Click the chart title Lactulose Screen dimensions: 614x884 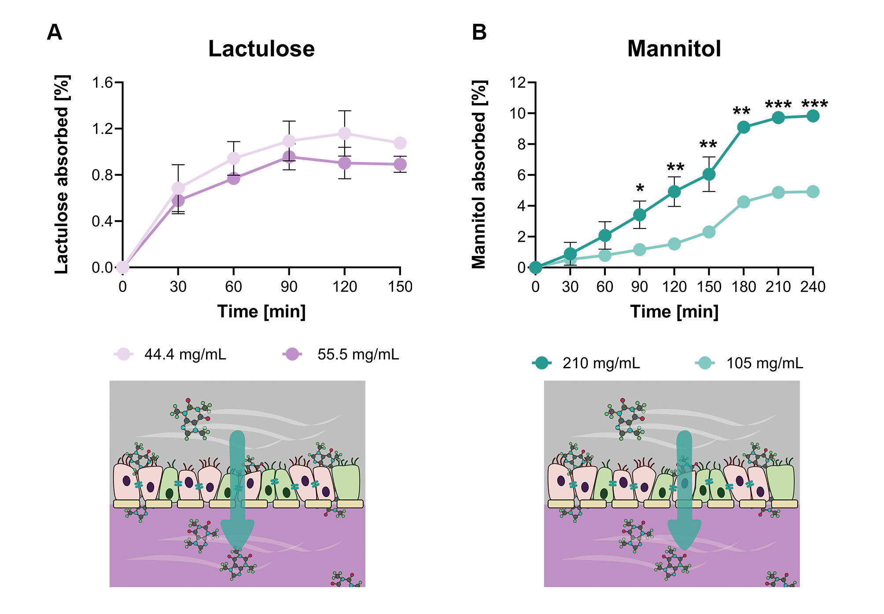(x=261, y=48)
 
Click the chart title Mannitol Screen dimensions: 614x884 (x=674, y=48)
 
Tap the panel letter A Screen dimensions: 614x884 (x=54, y=32)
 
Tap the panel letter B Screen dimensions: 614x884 (x=479, y=32)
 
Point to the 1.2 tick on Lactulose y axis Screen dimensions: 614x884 (x=102, y=129)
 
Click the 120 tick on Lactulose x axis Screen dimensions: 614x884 (x=344, y=287)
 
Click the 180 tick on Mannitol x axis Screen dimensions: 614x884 (x=744, y=287)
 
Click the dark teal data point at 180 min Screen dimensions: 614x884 (x=744, y=127)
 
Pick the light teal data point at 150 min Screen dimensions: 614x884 (x=709, y=232)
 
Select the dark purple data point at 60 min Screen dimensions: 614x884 (x=233, y=178)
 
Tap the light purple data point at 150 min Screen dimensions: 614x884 (x=400, y=143)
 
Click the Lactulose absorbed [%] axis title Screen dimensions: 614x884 (x=62, y=174)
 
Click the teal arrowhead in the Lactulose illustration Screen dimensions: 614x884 (x=237, y=533)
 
